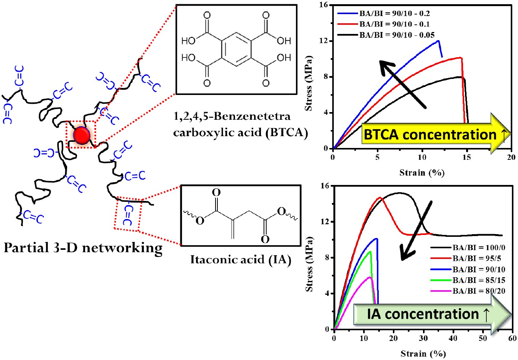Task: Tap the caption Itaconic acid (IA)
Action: (241, 260)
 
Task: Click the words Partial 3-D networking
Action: (83, 248)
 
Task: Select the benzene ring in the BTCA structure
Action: (236, 49)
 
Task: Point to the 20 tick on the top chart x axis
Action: (511, 157)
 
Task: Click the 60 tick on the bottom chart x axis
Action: (512, 338)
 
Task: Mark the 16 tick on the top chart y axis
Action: (324, 5)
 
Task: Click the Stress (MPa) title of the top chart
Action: (309, 83)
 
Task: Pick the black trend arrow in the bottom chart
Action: (416, 230)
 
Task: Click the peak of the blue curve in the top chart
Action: (438, 40)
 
